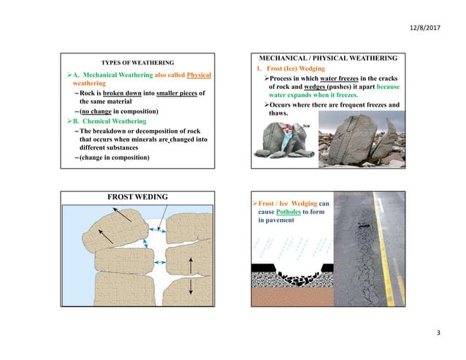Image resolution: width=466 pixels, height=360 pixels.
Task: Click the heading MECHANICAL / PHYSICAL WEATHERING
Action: pyautogui.click(x=324, y=57)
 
